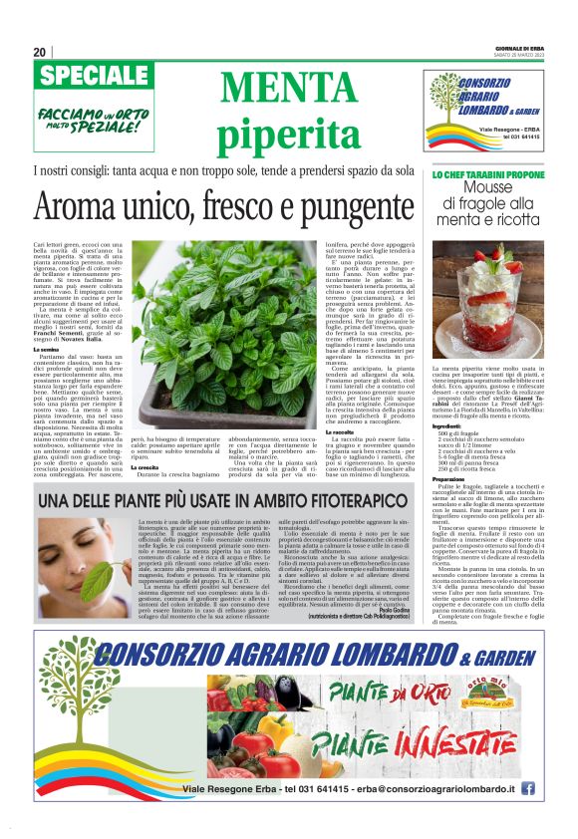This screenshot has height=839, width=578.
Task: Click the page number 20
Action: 39,52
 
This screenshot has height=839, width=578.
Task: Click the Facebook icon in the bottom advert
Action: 527,788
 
